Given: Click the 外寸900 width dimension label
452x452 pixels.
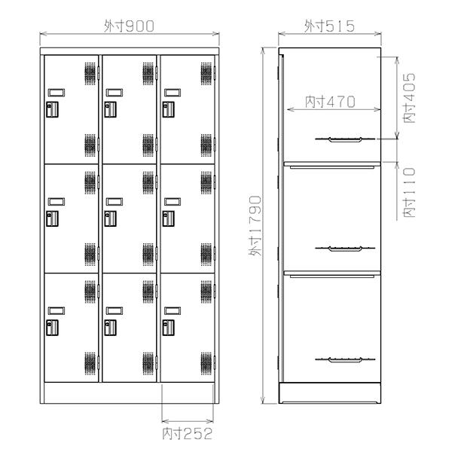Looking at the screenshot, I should [130, 26].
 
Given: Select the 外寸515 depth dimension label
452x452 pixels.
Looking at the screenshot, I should [329, 26].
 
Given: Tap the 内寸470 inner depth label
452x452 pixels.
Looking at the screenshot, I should [330, 101].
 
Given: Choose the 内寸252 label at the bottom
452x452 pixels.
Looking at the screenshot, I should [187, 433].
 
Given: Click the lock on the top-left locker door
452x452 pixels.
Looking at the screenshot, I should [53, 109].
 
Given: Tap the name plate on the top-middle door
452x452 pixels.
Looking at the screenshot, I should [112, 93].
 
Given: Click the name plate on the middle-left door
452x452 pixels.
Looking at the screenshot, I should [54, 202].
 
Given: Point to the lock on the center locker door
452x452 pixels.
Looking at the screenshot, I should [111, 218].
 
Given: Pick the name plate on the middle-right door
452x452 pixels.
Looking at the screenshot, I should [170, 202].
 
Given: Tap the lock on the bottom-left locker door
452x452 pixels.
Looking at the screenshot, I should [53, 328].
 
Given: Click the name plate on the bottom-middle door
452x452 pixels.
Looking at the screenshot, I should [112, 310].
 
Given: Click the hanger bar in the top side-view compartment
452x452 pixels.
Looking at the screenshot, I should [339, 139].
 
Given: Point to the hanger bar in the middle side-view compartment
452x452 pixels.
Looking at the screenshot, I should [339, 249].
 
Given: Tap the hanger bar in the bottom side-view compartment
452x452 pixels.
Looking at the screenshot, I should [339, 359].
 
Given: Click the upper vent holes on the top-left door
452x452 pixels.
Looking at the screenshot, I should [91, 74].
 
